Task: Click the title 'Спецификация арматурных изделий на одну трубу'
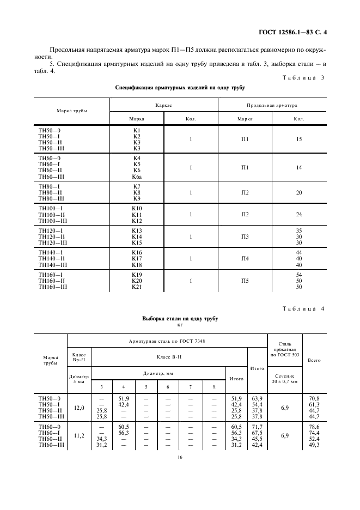pos(180,87)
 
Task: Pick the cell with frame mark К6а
pos(137,177)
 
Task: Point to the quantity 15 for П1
pos(299,139)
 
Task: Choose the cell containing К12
pos(137,221)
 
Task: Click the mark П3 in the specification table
pos(245,236)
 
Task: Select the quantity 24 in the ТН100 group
pos(299,215)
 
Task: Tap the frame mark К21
pos(137,287)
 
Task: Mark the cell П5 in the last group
pos(245,281)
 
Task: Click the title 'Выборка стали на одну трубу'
pos(180,318)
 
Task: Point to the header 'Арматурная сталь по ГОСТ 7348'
pos(167,341)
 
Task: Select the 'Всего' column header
pos(314,360)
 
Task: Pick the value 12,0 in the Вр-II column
pos(79,407)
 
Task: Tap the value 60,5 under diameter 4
pos(123,427)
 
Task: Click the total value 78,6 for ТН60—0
pos(314,427)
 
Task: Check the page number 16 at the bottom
pos(180,457)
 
